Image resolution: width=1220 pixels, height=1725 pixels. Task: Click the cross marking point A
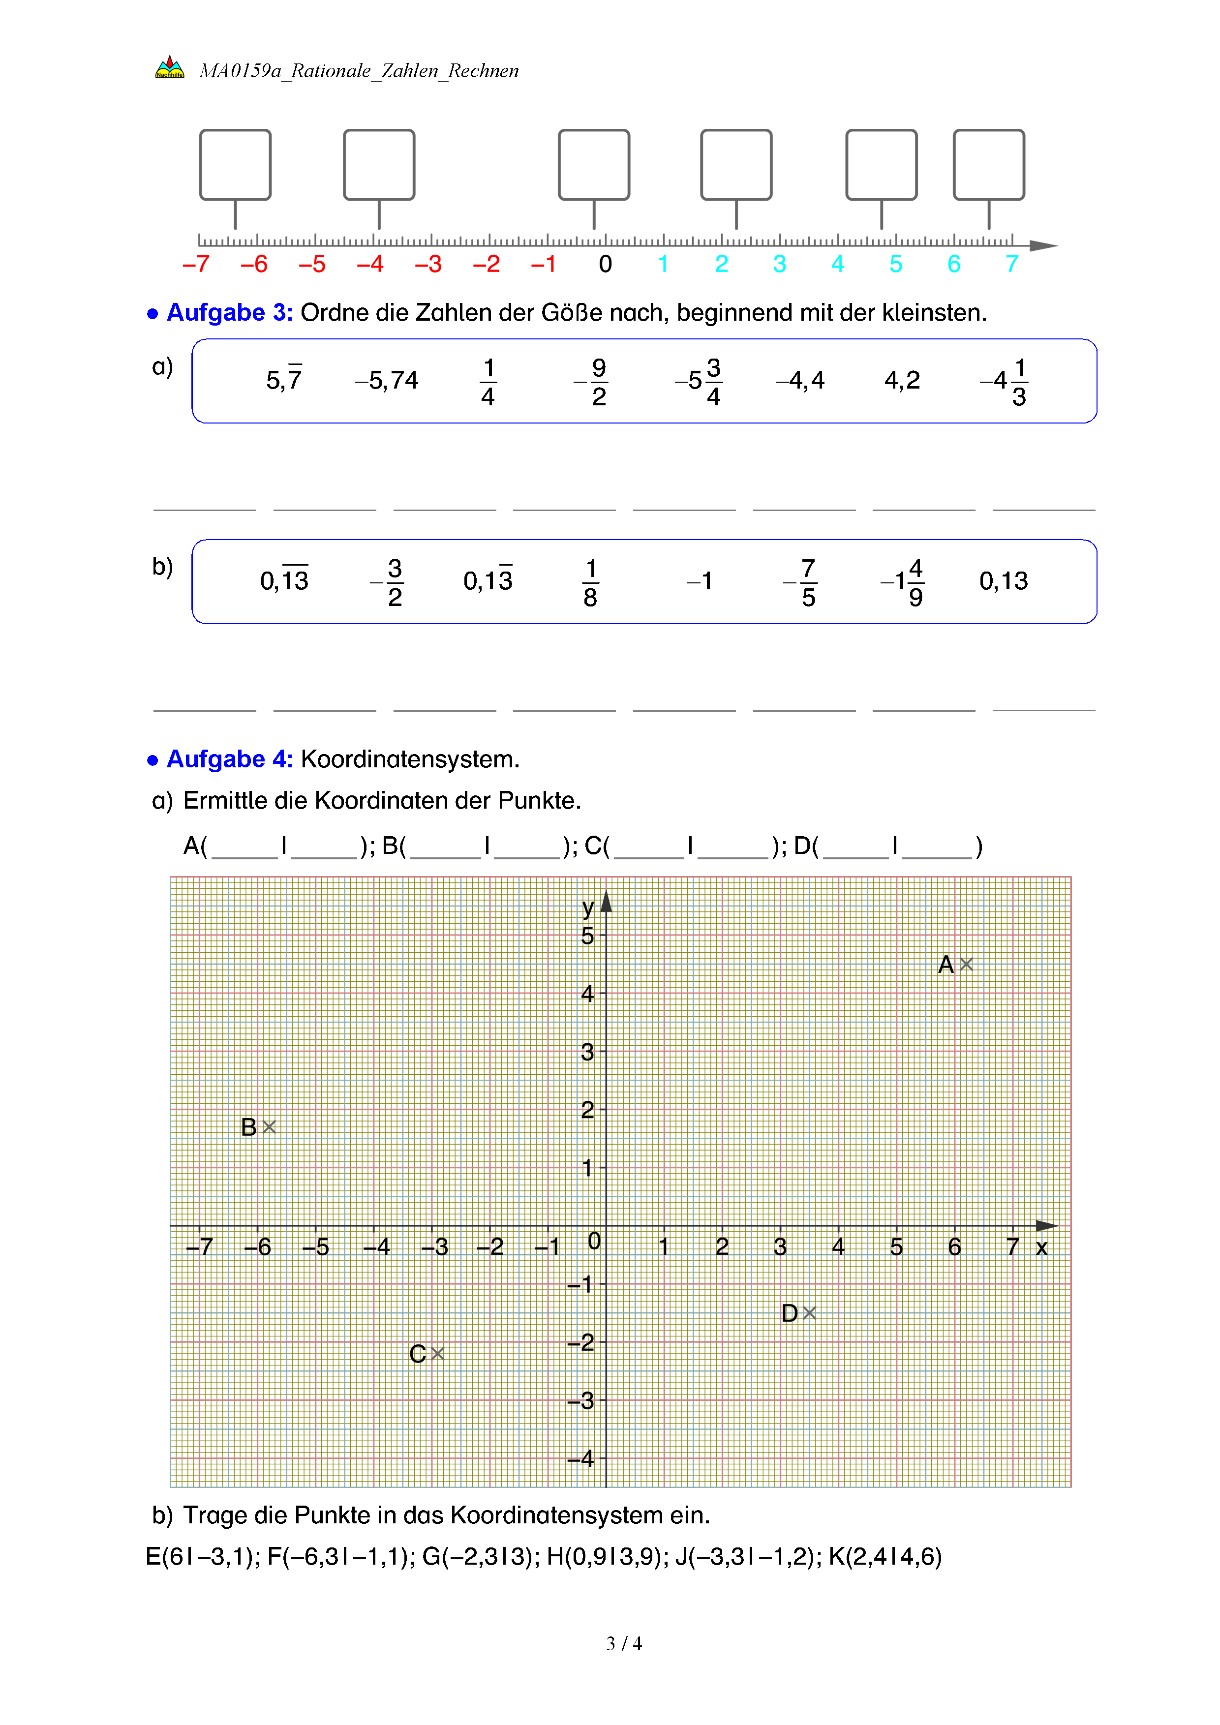(x=966, y=964)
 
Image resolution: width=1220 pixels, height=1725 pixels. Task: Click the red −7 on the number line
(x=196, y=265)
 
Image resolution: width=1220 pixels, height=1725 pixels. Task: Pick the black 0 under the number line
(x=606, y=265)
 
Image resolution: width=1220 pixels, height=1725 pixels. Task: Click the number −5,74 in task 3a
(x=387, y=381)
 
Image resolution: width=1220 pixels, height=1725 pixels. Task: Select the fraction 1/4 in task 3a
(x=488, y=382)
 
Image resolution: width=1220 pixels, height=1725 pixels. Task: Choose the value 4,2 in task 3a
(x=902, y=381)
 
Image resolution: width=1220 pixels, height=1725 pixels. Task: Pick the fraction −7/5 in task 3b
(x=801, y=582)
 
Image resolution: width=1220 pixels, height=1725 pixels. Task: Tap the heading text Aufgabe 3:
(x=229, y=312)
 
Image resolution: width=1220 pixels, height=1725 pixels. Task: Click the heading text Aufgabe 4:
(x=229, y=759)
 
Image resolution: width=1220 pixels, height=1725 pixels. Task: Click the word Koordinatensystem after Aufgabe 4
(x=409, y=759)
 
